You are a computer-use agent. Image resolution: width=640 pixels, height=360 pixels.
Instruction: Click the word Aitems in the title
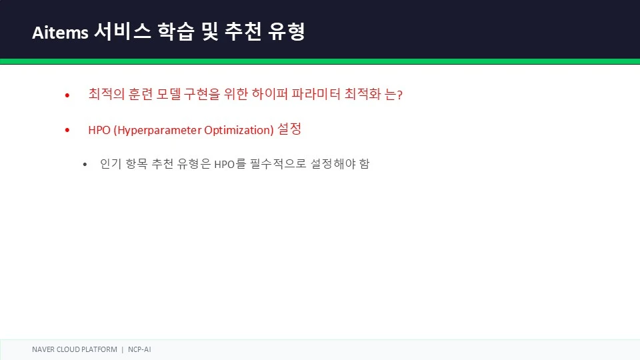point(60,32)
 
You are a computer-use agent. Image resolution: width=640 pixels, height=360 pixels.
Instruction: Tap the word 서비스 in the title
point(123,31)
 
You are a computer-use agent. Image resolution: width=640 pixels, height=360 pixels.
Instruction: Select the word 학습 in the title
point(175,31)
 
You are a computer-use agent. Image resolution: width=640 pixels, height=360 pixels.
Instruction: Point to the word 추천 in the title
point(243,31)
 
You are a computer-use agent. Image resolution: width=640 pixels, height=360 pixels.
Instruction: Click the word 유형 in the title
point(287,31)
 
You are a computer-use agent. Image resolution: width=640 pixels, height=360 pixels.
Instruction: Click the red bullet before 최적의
point(67,95)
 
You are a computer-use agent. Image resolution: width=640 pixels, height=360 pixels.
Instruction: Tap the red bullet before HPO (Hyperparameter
point(67,130)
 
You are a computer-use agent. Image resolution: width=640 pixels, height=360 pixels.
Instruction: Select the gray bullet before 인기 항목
point(85,165)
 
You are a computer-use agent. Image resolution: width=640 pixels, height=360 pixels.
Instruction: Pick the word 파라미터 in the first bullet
point(316,94)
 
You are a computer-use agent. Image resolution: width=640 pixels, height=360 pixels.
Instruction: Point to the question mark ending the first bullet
point(399,95)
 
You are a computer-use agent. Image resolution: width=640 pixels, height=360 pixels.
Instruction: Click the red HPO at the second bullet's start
point(99,130)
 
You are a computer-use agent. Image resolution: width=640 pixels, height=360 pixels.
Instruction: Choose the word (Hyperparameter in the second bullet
point(157,130)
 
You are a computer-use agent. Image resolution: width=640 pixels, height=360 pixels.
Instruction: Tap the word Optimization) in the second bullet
point(239,130)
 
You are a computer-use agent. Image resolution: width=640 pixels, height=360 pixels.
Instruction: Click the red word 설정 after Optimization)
point(289,129)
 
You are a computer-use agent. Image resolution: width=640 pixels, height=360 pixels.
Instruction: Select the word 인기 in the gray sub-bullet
point(111,164)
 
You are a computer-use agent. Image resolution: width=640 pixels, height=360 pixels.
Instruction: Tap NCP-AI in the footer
point(139,349)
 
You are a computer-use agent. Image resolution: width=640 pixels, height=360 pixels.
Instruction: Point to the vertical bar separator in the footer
point(123,350)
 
